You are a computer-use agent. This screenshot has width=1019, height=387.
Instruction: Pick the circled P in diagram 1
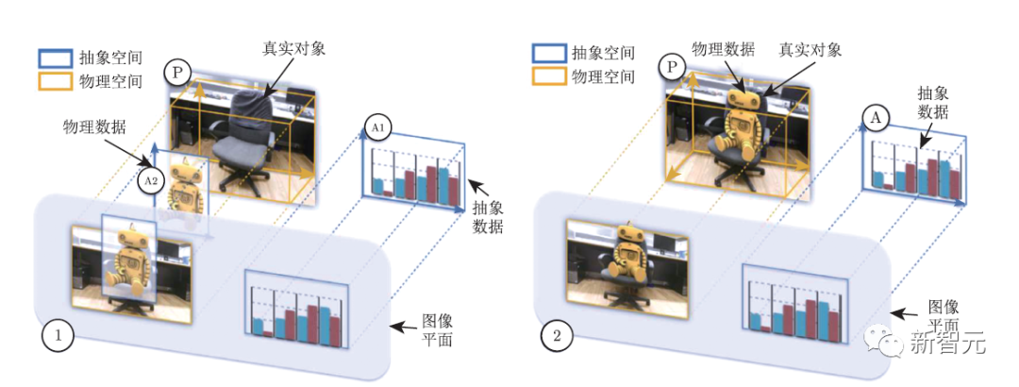[x=177, y=72]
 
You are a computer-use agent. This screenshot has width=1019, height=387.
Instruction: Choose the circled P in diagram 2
[x=673, y=67]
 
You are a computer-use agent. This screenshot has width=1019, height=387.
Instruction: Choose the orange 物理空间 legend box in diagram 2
[x=549, y=76]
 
